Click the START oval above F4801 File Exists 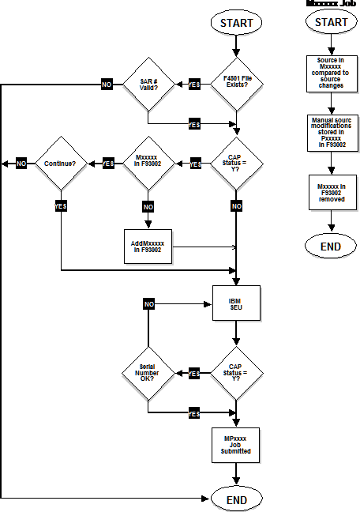tap(236, 23)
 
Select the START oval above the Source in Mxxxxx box tap(331, 23)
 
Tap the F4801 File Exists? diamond tap(236, 84)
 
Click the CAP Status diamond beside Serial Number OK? tap(236, 373)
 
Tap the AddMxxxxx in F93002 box tap(148, 247)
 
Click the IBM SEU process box tap(235, 303)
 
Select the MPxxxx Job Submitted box tap(235, 446)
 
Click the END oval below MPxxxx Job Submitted tap(236, 499)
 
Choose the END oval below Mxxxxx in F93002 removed tap(331, 247)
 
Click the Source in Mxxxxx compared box tap(330, 72)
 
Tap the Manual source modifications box tap(330, 133)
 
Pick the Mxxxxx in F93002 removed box tap(330, 193)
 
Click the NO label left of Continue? tap(21, 164)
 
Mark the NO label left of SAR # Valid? tap(107, 85)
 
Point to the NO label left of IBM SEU tap(149, 304)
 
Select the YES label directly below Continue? tap(60, 205)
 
